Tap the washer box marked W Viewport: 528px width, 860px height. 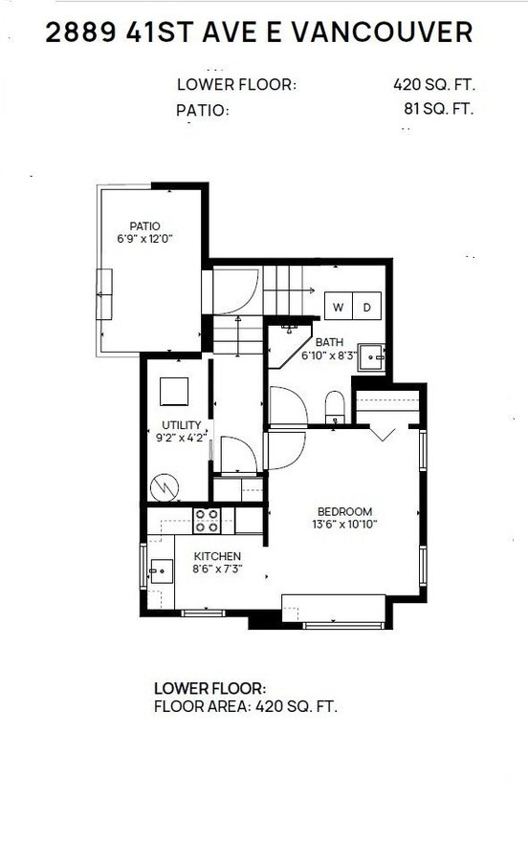pyautogui.click(x=339, y=307)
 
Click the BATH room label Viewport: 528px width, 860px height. pyautogui.click(x=329, y=342)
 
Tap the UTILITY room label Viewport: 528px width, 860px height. pyautogui.click(x=180, y=425)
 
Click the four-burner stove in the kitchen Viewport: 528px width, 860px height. pyautogui.click(x=208, y=520)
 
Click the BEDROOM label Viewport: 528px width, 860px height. pyautogui.click(x=344, y=511)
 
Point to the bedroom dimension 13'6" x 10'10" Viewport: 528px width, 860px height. pyautogui.click(x=344, y=524)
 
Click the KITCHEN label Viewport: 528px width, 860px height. pyautogui.click(x=217, y=556)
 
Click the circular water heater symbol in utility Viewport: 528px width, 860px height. pyautogui.click(x=167, y=487)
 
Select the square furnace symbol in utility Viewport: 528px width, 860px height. pyautogui.click(x=174, y=392)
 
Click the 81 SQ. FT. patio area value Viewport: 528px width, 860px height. pyautogui.click(x=439, y=108)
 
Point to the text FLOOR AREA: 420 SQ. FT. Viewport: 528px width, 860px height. pyautogui.click(x=246, y=708)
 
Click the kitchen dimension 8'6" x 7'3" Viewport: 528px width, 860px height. pyautogui.click(x=217, y=569)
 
